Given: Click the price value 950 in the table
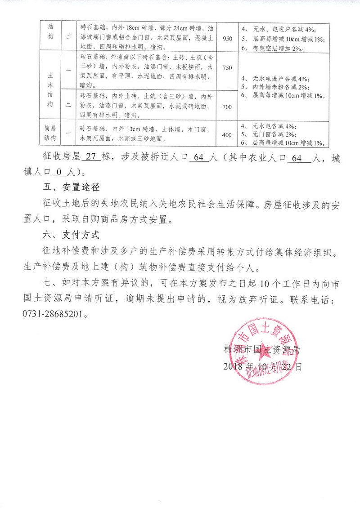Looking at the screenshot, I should pyautogui.click(x=228, y=39).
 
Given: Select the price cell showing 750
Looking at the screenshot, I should pyautogui.click(x=228, y=68).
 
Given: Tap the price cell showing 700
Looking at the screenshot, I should pyautogui.click(x=228, y=107).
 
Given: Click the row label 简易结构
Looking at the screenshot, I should pyautogui.click(x=49, y=134).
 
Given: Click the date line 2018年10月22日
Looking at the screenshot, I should pyautogui.click(x=263, y=366).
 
